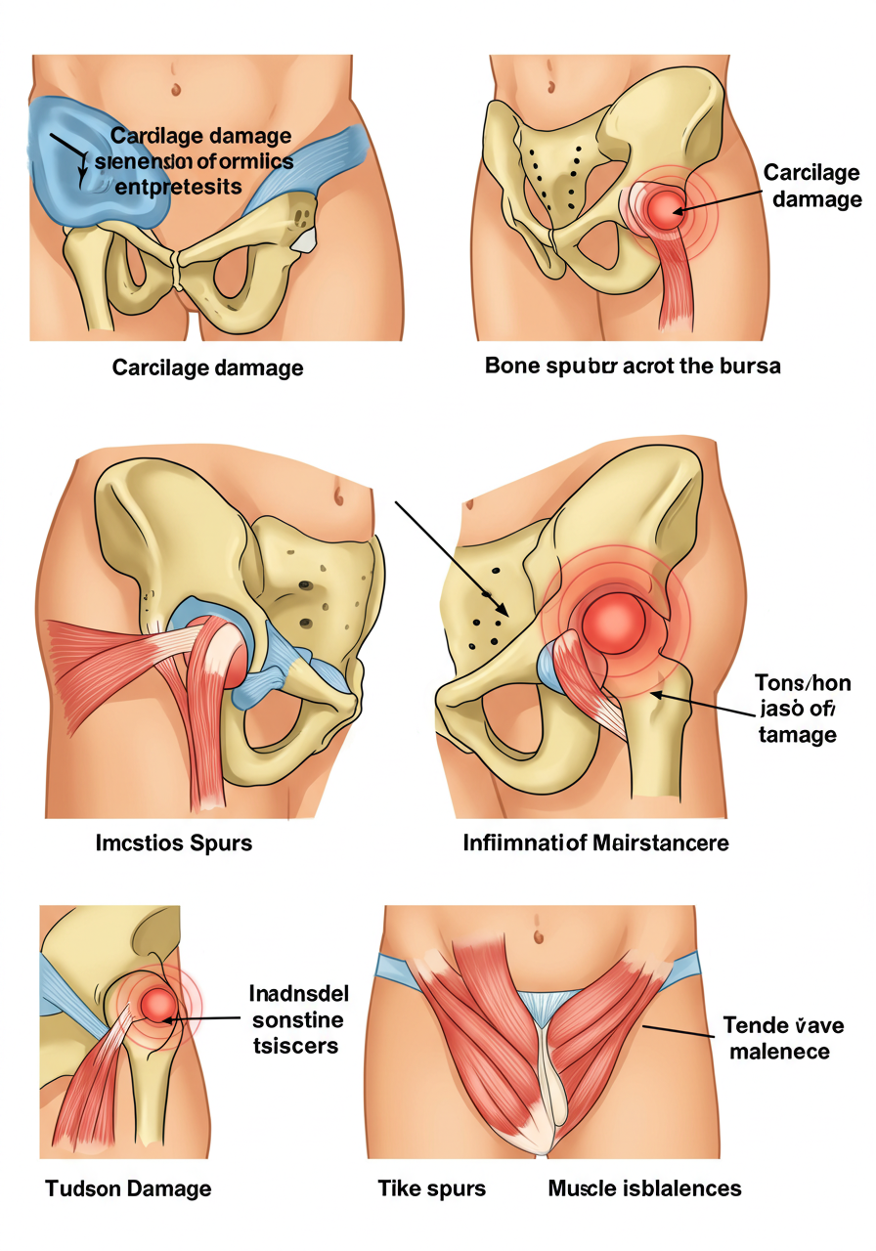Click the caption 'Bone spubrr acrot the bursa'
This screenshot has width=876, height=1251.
[x=633, y=367]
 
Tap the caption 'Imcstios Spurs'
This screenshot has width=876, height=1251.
[x=173, y=841]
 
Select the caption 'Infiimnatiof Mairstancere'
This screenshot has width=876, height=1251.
[x=595, y=841]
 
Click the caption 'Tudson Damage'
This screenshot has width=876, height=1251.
[x=127, y=1188]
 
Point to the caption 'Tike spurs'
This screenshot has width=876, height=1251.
[x=431, y=1188]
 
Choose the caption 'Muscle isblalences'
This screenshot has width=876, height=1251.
[x=644, y=1188]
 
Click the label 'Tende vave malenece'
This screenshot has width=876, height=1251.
[x=783, y=1038]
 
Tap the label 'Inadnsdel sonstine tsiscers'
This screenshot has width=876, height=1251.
[x=297, y=1019]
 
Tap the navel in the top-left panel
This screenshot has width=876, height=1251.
[x=176, y=86]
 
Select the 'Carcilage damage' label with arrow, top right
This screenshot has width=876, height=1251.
[x=811, y=186]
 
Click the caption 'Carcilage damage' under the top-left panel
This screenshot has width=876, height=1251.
[x=207, y=367]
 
